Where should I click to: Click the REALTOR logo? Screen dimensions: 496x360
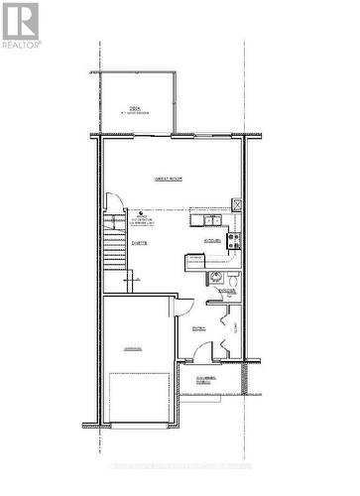(x=21, y=26)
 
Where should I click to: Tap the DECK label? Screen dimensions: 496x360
(x=135, y=109)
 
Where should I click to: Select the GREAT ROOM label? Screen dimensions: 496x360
(x=168, y=178)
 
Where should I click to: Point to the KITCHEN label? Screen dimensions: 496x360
(x=212, y=240)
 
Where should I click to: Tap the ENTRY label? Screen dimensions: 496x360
(x=198, y=326)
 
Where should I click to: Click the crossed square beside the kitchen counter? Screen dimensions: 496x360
(x=236, y=204)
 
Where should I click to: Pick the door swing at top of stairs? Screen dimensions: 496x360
(x=116, y=222)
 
